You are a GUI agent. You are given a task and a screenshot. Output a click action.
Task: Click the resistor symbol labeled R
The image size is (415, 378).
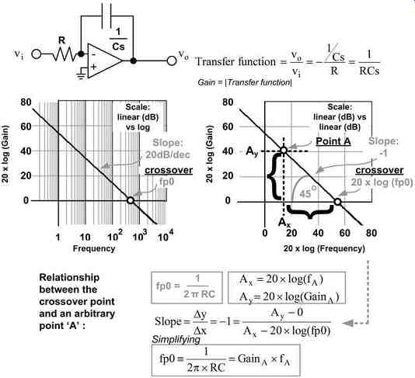65,54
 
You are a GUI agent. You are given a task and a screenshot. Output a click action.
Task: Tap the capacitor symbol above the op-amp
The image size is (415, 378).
106,16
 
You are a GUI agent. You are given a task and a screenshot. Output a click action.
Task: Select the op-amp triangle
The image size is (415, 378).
105,61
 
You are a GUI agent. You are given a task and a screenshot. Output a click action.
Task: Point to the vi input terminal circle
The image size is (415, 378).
37,54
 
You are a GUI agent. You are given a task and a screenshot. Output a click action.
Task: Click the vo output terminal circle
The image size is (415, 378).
172,61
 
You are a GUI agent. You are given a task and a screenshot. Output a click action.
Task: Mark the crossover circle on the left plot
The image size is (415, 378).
131,200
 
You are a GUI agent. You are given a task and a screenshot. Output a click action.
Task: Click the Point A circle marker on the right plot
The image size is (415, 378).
284,150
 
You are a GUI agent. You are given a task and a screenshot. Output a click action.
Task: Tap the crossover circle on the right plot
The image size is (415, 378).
337,202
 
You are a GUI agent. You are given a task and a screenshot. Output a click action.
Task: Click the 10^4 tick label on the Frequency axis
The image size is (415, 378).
166,236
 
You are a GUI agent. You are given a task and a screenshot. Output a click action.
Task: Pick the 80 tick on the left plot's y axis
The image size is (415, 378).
26,102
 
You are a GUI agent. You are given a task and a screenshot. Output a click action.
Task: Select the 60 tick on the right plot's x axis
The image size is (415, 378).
344,233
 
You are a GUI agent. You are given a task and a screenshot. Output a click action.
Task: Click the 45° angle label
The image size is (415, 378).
308,192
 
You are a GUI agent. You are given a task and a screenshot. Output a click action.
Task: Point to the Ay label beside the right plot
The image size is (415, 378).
252,151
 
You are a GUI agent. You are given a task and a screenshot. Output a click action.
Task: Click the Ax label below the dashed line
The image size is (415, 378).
284,222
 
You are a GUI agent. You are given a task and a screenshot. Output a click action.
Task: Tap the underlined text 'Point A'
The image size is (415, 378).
333,141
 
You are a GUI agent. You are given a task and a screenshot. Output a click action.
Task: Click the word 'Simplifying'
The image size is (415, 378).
176,339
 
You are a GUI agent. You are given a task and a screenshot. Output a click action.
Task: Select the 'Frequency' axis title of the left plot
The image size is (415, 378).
94,248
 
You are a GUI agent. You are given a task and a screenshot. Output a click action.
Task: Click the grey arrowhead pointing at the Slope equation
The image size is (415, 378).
347,323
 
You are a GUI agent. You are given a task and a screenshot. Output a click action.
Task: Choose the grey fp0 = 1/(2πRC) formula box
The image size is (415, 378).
187,287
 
